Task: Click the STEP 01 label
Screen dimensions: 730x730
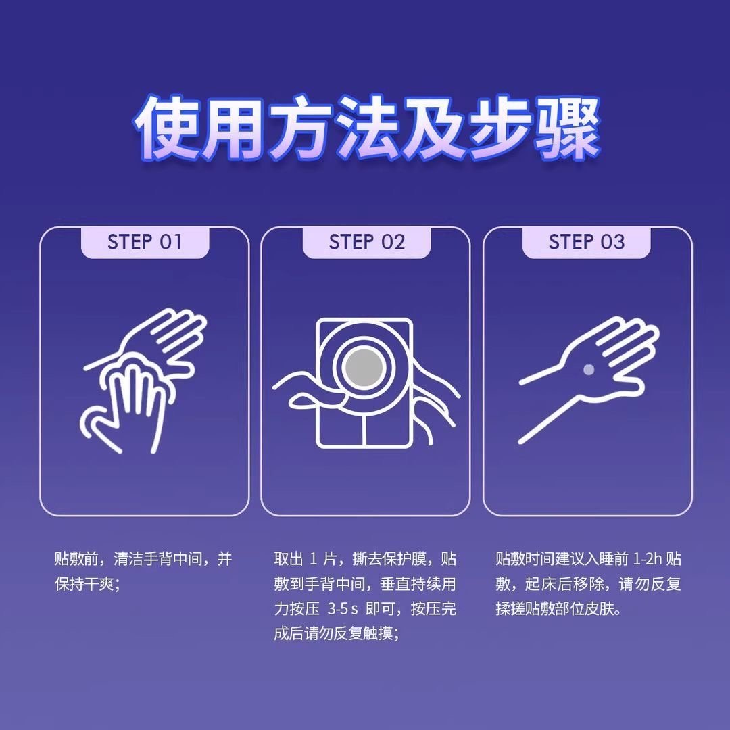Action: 145,242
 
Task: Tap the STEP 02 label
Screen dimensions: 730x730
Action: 367,242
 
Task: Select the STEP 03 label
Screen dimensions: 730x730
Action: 587,242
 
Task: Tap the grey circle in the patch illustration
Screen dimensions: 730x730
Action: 365,368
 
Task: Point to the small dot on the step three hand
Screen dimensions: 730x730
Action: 589,370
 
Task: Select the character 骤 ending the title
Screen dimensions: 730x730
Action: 566,126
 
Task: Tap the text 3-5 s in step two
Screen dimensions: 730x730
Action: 343,609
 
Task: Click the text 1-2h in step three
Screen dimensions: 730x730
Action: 647,559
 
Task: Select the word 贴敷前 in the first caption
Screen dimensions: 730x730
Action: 77,559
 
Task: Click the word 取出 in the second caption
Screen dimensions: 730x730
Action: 289,559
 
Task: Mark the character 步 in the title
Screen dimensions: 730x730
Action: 500,126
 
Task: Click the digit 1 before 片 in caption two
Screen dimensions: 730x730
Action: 314,559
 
